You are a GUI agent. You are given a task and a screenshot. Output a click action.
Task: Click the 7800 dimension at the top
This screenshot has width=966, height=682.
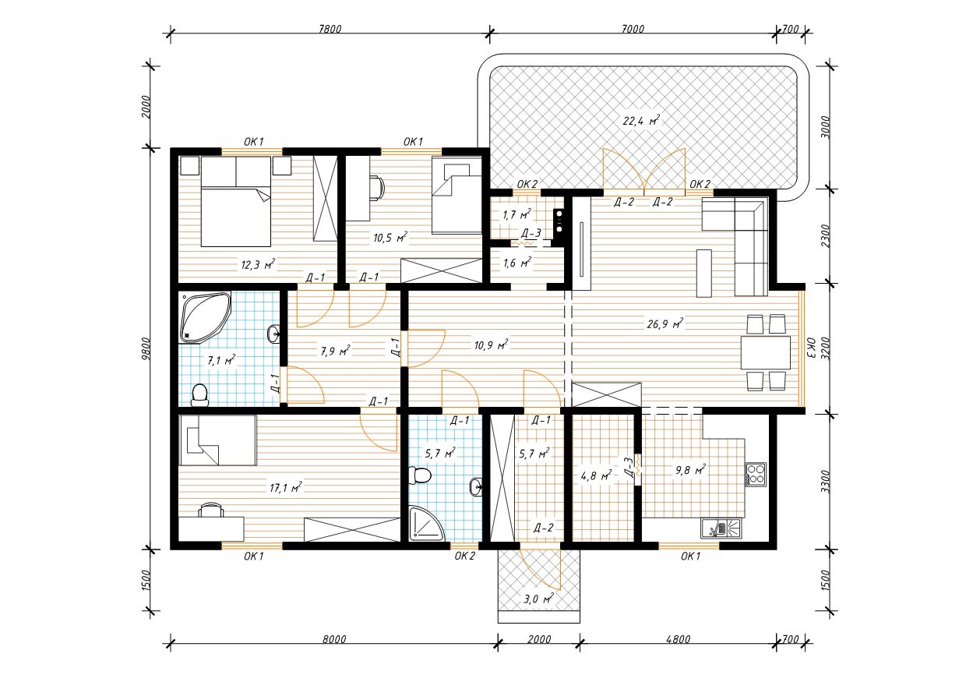tap(330, 29)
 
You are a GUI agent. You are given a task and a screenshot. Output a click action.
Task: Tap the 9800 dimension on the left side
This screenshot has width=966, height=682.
tap(147, 348)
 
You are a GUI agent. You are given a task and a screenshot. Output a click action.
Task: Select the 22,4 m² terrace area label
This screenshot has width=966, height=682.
tap(641, 120)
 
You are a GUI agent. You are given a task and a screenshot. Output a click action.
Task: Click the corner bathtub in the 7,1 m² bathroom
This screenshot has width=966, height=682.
tap(206, 317)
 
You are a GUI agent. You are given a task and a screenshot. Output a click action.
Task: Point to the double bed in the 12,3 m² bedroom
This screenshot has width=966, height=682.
tap(236, 201)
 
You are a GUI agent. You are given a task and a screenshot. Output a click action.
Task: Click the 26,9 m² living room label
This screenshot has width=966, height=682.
tap(665, 323)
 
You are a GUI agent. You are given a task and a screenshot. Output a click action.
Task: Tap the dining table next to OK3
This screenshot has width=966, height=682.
tap(766, 353)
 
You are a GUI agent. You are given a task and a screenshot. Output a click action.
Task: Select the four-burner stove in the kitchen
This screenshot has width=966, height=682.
tap(756, 474)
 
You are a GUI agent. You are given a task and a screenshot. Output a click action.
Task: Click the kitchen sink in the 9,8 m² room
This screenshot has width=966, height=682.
tap(721, 528)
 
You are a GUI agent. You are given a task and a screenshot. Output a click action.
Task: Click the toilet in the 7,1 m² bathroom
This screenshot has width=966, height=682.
tap(199, 395)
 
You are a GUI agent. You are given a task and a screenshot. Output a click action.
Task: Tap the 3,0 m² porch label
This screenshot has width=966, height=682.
tap(538, 599)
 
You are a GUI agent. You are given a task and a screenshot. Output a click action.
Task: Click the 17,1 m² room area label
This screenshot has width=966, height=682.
tap(285, 488)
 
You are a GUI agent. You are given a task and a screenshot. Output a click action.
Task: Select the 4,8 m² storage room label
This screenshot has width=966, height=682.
tap(596, 475)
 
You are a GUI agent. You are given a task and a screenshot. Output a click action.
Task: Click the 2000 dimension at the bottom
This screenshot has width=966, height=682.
tap(538, 639)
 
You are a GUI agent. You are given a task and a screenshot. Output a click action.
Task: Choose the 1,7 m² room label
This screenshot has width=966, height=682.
tap(516, 214)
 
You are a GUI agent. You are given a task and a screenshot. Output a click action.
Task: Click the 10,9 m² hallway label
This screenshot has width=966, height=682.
tap(491, 345)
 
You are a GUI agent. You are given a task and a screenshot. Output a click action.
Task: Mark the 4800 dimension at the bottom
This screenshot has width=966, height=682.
tap(678, 639)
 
